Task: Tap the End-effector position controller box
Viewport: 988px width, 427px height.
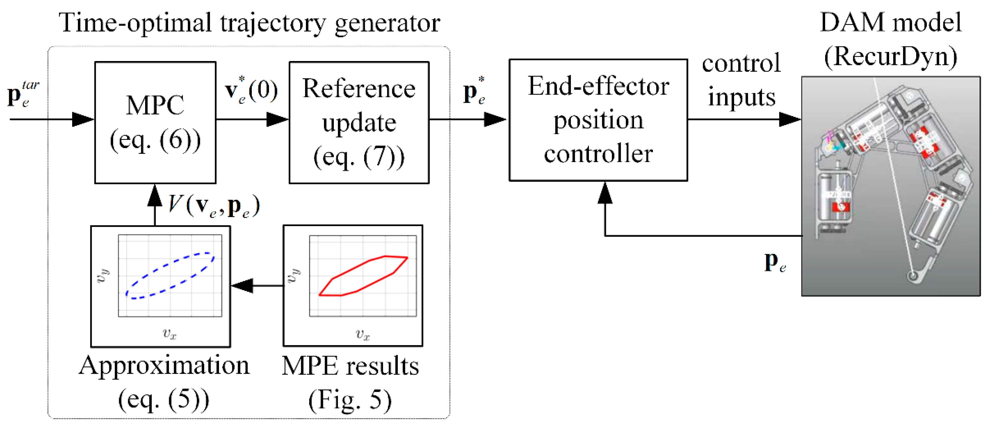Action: point(598,120)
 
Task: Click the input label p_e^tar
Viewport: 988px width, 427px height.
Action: point(22,94)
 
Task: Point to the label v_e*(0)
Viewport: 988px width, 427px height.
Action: point(251,91)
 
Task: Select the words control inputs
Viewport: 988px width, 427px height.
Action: point(741,80)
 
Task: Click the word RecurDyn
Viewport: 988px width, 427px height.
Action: point(891,57)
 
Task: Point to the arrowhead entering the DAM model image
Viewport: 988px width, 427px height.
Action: point(790,119)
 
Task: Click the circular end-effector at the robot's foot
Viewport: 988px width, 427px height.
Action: point(913,275)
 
